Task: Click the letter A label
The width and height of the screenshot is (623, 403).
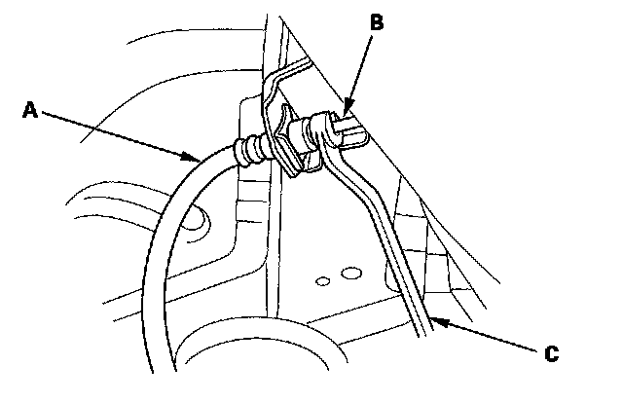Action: [x=29, y=112]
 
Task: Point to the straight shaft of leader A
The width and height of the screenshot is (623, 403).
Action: [x=117, y=133]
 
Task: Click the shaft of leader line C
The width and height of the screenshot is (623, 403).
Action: [x=487, y=336]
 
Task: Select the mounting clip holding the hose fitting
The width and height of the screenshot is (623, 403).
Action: [x=287, y=146]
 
